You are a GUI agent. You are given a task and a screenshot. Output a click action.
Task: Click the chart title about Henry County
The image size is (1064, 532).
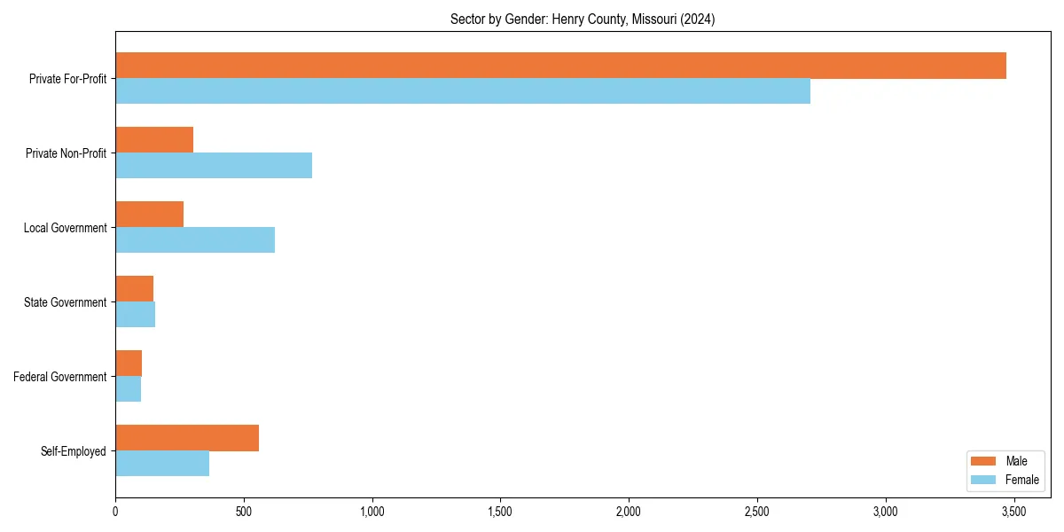[583, 19]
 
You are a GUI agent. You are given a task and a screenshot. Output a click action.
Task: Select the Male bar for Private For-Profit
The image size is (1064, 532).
[560, 66]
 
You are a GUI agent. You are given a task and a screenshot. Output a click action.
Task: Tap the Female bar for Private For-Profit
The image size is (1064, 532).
[462, 91]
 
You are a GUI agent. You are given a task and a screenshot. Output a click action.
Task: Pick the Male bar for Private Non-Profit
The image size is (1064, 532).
[154, 140]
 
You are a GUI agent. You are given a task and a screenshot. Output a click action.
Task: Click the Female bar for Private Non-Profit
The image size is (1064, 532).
[214, 166]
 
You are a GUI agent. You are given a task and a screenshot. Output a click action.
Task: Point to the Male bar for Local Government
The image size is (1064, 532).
[149, 215]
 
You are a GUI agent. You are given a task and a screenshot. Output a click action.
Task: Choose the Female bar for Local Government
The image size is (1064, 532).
[195, 240]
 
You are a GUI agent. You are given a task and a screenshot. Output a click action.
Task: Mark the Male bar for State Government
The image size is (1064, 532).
[134, 289]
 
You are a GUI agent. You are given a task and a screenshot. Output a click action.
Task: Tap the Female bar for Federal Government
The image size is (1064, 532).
[128, 389]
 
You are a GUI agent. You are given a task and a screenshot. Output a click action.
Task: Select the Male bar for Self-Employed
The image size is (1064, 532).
[187, 438]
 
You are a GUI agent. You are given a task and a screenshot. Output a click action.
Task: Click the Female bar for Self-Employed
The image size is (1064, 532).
[162, 464]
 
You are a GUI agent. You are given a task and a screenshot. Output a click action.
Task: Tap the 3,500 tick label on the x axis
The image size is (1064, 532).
[1013, 512]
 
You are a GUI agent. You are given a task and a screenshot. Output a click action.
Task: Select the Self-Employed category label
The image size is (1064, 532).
[74, 451]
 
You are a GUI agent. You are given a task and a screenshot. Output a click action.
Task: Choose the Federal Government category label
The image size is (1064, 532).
[60, 377]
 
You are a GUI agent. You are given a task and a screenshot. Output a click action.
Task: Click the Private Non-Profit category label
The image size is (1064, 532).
[67, 153]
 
